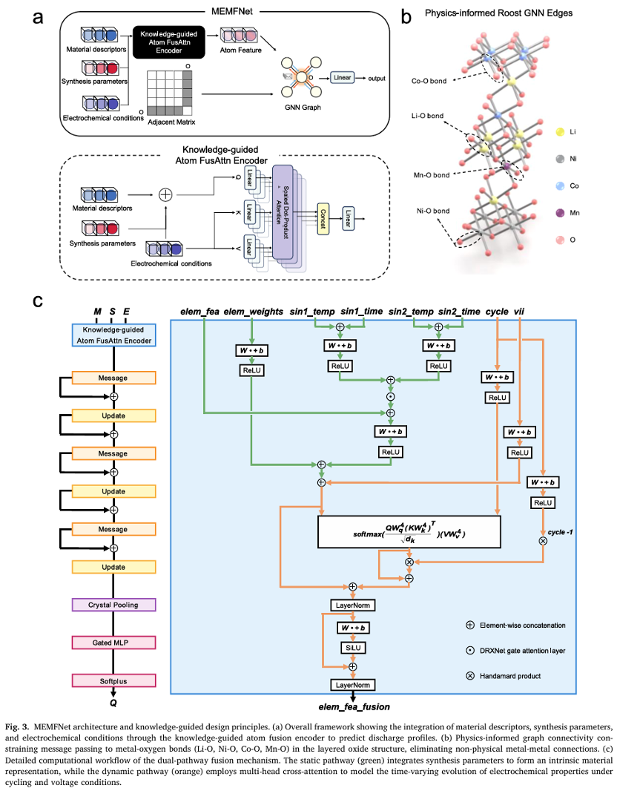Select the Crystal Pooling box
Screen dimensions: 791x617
click(x=113, y=605)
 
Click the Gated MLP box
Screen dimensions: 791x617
click(x=113, y=642)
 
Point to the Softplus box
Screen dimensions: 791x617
click(x=113, y=680)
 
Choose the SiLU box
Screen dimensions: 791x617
click(x=353, y=647)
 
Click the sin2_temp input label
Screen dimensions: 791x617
click(x=412, y=312)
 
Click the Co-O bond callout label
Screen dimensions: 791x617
click(x=429, y=81)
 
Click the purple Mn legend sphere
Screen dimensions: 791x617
click(x=558, y=213)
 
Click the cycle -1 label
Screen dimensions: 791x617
click(x=561, y=532)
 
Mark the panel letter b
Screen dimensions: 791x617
click(x=406, y=16)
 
